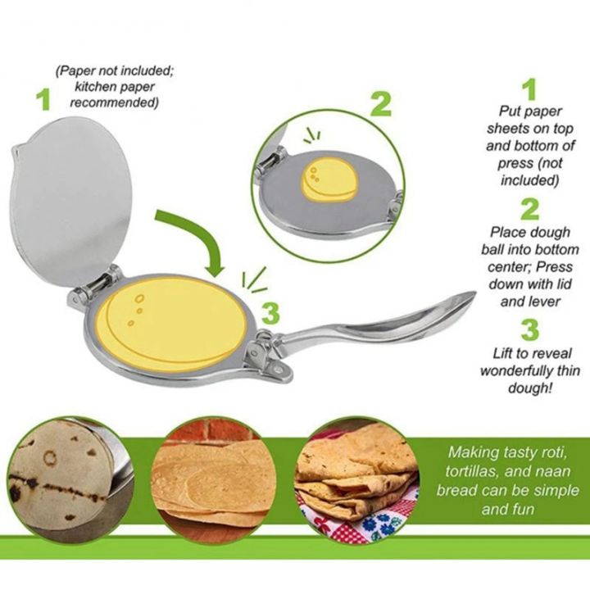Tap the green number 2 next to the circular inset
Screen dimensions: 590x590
380,104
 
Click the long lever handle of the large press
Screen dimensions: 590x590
385,323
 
